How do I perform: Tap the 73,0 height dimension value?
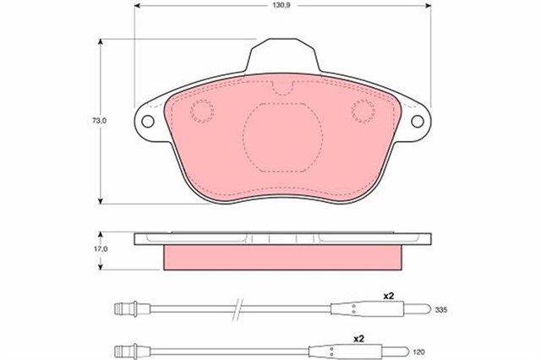(x=100, y=121)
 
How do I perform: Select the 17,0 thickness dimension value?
(x=101, y=248)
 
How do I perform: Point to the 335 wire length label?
(x=441, y=309)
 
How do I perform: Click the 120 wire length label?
(x=419, y=352)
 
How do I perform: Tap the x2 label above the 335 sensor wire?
(x=389, y=296)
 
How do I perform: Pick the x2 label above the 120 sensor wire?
(x=359, y=339)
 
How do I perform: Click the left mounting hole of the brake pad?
(x=148, y=121)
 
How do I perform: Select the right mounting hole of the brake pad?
(x=417, y=121)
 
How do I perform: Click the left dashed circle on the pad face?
(x=202, y=111)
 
